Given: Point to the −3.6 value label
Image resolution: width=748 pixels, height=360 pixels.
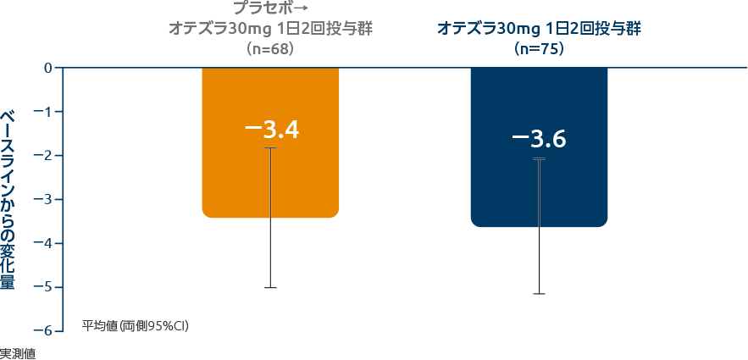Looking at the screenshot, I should pyautogui.click(x=539, y=139).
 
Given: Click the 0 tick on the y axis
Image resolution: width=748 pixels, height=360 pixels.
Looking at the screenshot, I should pyautogui.click(x=48, y=68).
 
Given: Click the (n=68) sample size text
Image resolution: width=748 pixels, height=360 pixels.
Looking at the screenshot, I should pyautogui.click(x=270, y=49).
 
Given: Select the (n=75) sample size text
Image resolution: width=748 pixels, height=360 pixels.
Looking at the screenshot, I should pyautogui.click(x=539, y=49).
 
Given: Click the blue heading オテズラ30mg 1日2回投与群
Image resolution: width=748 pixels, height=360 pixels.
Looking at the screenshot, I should pyautogui.click(x=539, y=29).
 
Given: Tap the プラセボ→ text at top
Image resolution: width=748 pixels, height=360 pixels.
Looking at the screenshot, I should pyautogui.click(x=270, y=8).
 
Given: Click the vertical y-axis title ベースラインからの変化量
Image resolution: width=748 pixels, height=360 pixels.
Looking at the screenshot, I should pyautogui.click(x=8, y=199).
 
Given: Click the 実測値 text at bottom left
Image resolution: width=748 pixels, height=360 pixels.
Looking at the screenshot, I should pyautogui.click(x=17, y=353).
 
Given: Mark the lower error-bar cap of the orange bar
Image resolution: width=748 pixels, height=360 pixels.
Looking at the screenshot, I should pyautogui.click(x=270, y=288).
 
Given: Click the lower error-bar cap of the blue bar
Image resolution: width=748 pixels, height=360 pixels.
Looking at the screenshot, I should pyautogui.click(x=539, y=294).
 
